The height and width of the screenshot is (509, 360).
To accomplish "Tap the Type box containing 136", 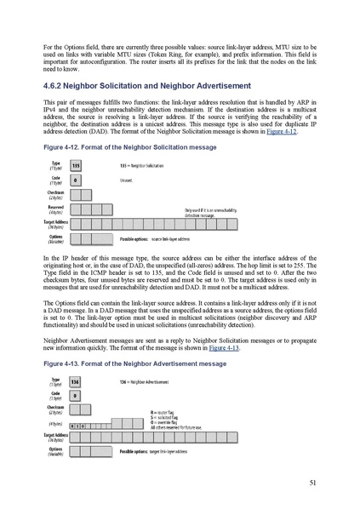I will tap(76, 382).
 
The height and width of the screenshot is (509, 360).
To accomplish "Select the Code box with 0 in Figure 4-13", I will tap(75, 396).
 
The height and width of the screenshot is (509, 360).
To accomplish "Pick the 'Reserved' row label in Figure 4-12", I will tap(55, 207).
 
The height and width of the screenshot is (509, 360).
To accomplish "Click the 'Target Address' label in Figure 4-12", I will tap(52, 223).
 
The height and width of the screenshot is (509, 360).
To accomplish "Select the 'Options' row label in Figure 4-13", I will tap(55, 449).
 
